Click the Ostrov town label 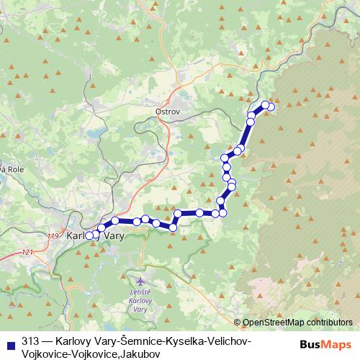pos(166,112)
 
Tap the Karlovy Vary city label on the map pos(95,235)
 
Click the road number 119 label pos(53,235)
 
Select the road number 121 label pos(27,251)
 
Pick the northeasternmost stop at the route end pos(271,107)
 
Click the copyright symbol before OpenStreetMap pos(238,323)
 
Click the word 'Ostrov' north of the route pos(166,112)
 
